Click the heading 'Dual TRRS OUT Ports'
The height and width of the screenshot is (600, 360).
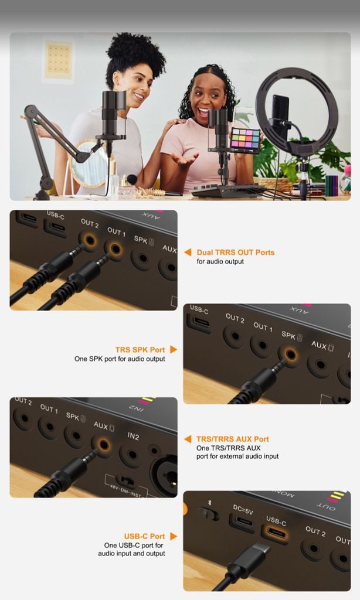(236, 253)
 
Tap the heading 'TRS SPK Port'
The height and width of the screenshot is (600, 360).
(140, 350)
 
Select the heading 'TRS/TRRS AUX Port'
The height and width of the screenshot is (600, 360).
(232, 439)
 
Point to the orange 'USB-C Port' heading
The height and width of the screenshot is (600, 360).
(144, 537)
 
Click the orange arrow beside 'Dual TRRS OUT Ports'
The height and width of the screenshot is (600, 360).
(188, 252)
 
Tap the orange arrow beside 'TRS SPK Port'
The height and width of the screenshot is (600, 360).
(174, 349)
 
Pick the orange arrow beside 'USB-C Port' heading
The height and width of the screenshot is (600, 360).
(174, 536)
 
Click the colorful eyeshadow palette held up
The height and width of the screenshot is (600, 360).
(245, 140)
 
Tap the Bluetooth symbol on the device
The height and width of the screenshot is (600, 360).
(209, 502)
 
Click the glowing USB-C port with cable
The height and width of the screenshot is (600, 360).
(274, 533)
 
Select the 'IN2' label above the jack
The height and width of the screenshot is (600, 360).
(133, 436)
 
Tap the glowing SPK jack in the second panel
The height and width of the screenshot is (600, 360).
(291, 354)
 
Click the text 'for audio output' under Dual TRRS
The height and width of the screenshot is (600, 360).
(220, 262)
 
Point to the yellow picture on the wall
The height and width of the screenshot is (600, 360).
(58, 60)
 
